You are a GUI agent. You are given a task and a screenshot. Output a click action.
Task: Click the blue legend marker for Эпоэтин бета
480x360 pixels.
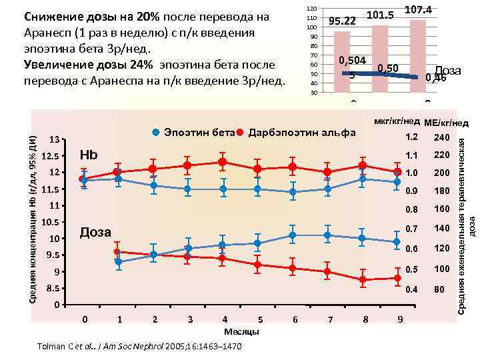pos(155,131)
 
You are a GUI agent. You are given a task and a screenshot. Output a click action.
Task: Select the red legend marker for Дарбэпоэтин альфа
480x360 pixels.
pos(240,131)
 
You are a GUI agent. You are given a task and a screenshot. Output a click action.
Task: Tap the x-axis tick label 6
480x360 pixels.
pos(295,320)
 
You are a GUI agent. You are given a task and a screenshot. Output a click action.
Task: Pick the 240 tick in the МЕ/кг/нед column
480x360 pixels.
pos(442,138)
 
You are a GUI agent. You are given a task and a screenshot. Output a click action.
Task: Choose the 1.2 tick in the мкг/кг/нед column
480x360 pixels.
pos(411,138)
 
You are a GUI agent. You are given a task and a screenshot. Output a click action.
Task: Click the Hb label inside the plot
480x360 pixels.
pos(89,155)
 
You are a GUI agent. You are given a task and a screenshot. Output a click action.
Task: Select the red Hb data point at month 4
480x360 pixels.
pos(223,162)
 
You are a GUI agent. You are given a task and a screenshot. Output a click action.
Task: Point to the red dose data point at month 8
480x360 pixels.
pos(363,280)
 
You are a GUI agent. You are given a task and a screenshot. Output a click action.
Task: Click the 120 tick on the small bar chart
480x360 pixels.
pos(310,8)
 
